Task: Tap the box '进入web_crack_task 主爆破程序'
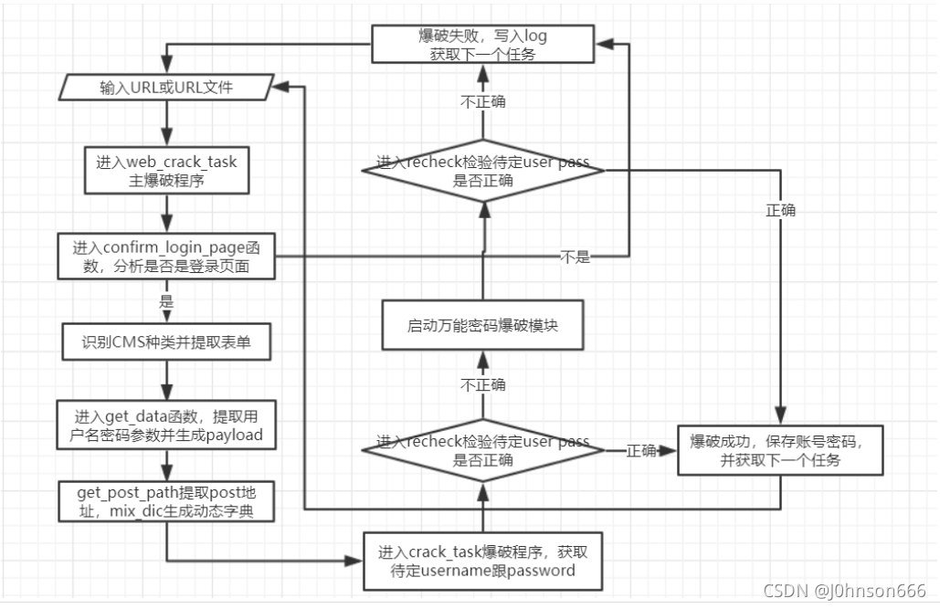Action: click(x=166, y=171)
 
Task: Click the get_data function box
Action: click(x=166, y=426)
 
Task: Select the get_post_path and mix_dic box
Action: click(x=166, y=502)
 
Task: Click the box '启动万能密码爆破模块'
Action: click(x=483, y=325)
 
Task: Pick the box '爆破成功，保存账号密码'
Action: click(x=779, y=449)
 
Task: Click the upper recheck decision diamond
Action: click(x=483, y=172)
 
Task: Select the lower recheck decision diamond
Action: click(x=483, y=450)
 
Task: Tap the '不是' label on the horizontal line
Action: click(x=575, y=257)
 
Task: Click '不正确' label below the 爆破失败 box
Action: click(x=483, y=101)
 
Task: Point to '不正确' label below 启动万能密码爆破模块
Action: click(x=483, y=384)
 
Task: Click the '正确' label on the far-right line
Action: click(x=780, y=210)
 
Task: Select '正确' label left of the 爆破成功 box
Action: click(x=640, y=450)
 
